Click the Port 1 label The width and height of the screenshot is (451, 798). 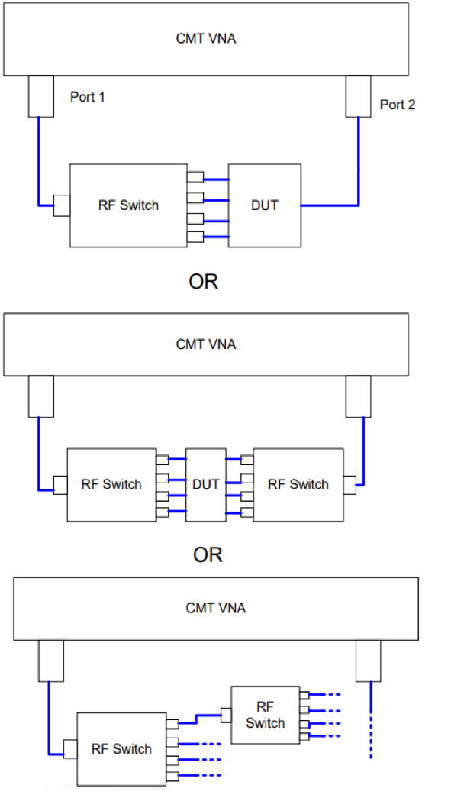[88, 97]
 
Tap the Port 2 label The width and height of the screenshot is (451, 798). [397, 105]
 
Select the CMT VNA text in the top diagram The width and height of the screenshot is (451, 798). [206, 39]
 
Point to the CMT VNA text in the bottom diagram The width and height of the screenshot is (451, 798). [216, 608]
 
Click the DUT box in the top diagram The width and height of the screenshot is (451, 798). [264, 205]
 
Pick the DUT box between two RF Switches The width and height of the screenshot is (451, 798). [206, 484]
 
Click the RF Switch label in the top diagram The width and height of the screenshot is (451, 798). [129, 205]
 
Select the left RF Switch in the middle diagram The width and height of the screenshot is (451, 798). [111, 484]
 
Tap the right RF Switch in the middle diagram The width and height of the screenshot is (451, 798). [298, 484]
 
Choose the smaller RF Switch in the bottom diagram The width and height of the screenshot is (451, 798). [265, 715]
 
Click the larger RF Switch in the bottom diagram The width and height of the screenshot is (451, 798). [121, 749]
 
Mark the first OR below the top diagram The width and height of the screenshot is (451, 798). [204, 282]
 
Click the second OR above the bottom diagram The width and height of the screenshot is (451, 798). [208, 554]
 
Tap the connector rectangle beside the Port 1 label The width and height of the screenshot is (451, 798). [41, 96]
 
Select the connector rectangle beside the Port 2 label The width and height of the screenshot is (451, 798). [358, 96]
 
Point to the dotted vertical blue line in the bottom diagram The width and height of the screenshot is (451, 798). [371, 720]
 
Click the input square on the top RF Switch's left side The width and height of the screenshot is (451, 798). [62, 205]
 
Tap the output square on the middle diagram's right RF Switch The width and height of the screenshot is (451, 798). [350, 485]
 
